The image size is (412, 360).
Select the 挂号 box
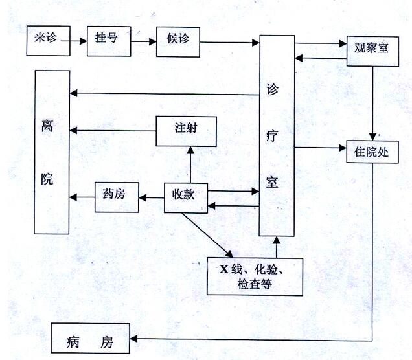point(109,40)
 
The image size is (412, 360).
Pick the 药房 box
point(117,196)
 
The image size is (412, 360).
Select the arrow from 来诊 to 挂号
point(76,41)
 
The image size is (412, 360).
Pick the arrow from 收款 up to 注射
point(190,164)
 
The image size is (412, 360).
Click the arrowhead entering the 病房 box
point(135,339)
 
